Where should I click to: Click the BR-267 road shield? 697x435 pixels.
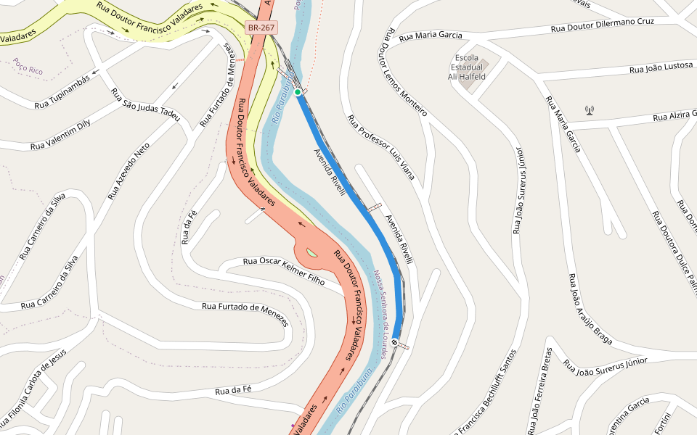[x=261, y=28]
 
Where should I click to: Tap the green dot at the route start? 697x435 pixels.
[x=298, y=92]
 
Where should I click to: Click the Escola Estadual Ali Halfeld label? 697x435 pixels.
[x=466, y=67]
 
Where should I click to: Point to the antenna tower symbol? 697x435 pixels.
[x=589, y=110]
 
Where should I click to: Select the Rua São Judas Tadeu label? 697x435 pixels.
[x=145, y=105]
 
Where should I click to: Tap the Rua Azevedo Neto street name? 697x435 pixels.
[x=129, y=171]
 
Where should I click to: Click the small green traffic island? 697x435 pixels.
[x=311, y=252]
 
